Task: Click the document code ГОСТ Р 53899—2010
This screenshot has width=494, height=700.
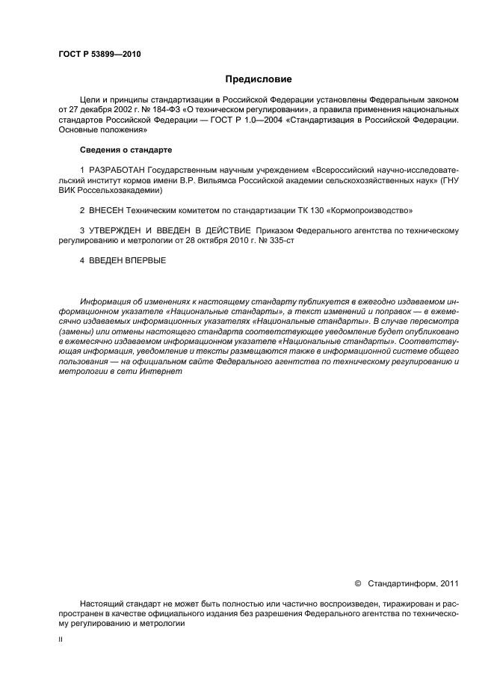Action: tap(99, 55)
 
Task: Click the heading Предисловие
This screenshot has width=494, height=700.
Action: tap(259, 79)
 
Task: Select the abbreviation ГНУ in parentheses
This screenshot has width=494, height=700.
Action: tap(447, 180)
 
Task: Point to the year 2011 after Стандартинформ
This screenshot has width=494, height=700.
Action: tap(449, 583)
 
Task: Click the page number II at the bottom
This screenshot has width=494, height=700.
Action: tap(60, 640)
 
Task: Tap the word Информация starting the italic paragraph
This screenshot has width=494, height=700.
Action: tap(105, 301)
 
